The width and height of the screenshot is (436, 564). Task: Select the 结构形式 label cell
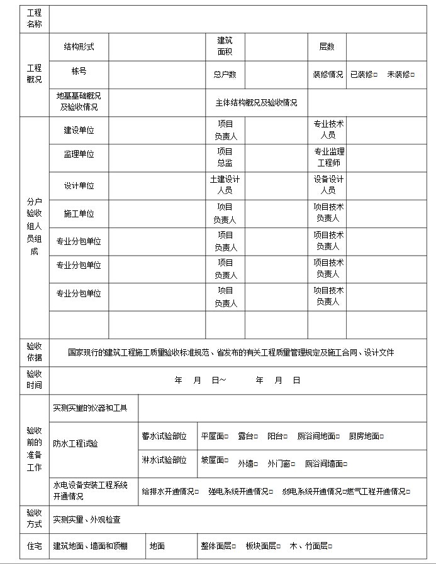click(79, 46)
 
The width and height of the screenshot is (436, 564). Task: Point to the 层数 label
click(327, 46)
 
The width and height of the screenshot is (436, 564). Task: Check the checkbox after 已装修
click(376, 75)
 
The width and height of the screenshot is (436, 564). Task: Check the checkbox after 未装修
click(413, 75)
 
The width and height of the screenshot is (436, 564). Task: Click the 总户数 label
click(225, 75)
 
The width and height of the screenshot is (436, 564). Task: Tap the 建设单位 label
click(79, 131)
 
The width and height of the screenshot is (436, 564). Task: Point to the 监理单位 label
click(79, 155)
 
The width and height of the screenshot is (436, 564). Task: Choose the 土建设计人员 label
click(225, 185)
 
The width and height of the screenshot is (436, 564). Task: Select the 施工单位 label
click(79, 214)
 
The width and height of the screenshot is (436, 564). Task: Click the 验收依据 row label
click(34, 352)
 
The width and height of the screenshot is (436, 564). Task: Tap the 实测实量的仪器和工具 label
click(90, 408)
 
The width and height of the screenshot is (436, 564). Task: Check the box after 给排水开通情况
click(197, 492)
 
